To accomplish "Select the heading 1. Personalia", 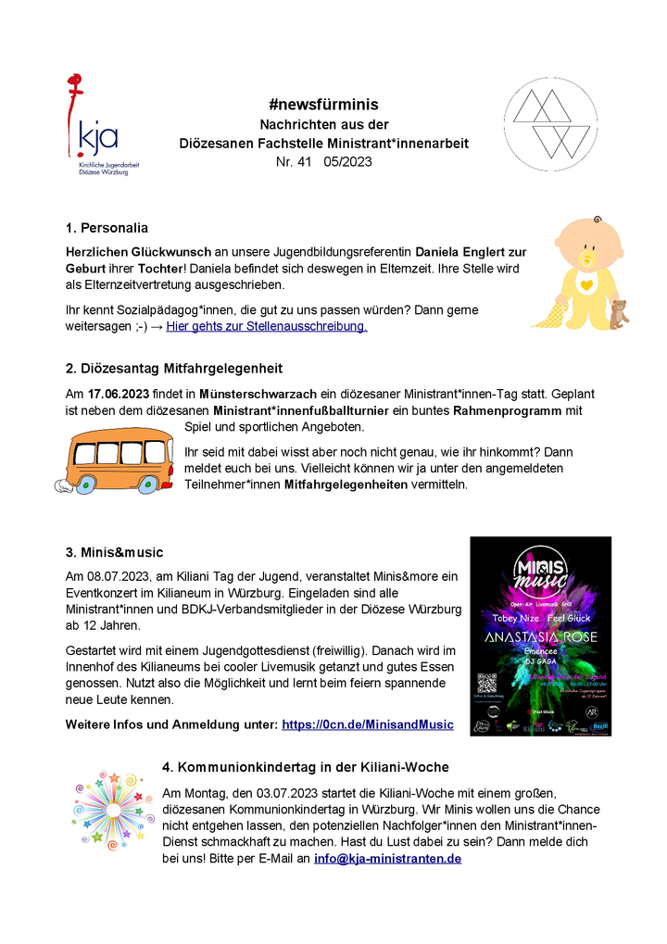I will (107, 228).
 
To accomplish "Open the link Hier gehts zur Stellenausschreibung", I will (267, 326).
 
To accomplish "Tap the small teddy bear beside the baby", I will (618, 315).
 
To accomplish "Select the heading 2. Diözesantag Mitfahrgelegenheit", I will (174, 369).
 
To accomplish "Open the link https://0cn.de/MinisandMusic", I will (368, 724).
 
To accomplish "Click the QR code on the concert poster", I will (487, 683).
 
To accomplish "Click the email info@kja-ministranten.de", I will (387, 859).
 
